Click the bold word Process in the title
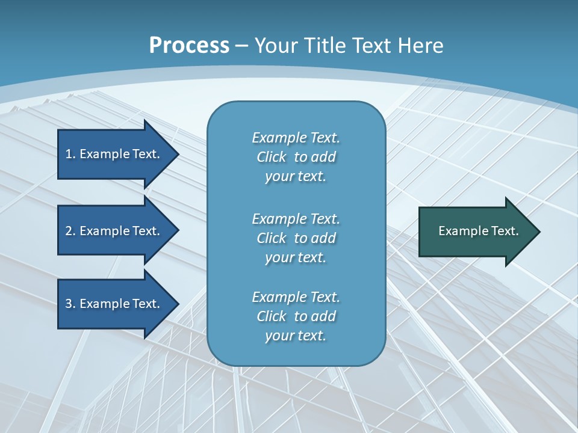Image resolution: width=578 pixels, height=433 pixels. [189, 46]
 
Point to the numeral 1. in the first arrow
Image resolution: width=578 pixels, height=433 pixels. [70, 154]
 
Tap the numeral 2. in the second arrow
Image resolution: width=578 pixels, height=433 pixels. [70, 231]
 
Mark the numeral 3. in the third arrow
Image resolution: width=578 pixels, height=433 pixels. [70, 304]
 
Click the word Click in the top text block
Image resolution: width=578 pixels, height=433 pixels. [272, 157]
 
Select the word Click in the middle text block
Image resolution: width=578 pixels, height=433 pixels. [272, 238]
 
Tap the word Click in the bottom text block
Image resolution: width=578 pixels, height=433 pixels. [272, 316]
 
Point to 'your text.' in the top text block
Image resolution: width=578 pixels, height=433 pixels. [296, 177]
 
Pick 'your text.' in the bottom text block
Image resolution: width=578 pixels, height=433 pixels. [296, 336]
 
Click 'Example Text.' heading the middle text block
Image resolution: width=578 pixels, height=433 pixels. [296, 219]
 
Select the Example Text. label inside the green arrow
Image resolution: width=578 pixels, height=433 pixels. [479, 231]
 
